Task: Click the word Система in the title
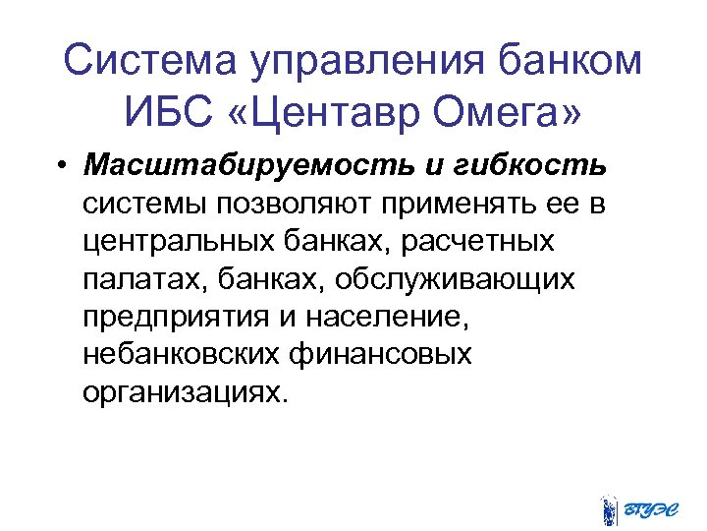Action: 145,62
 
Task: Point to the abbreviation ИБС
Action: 164,115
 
